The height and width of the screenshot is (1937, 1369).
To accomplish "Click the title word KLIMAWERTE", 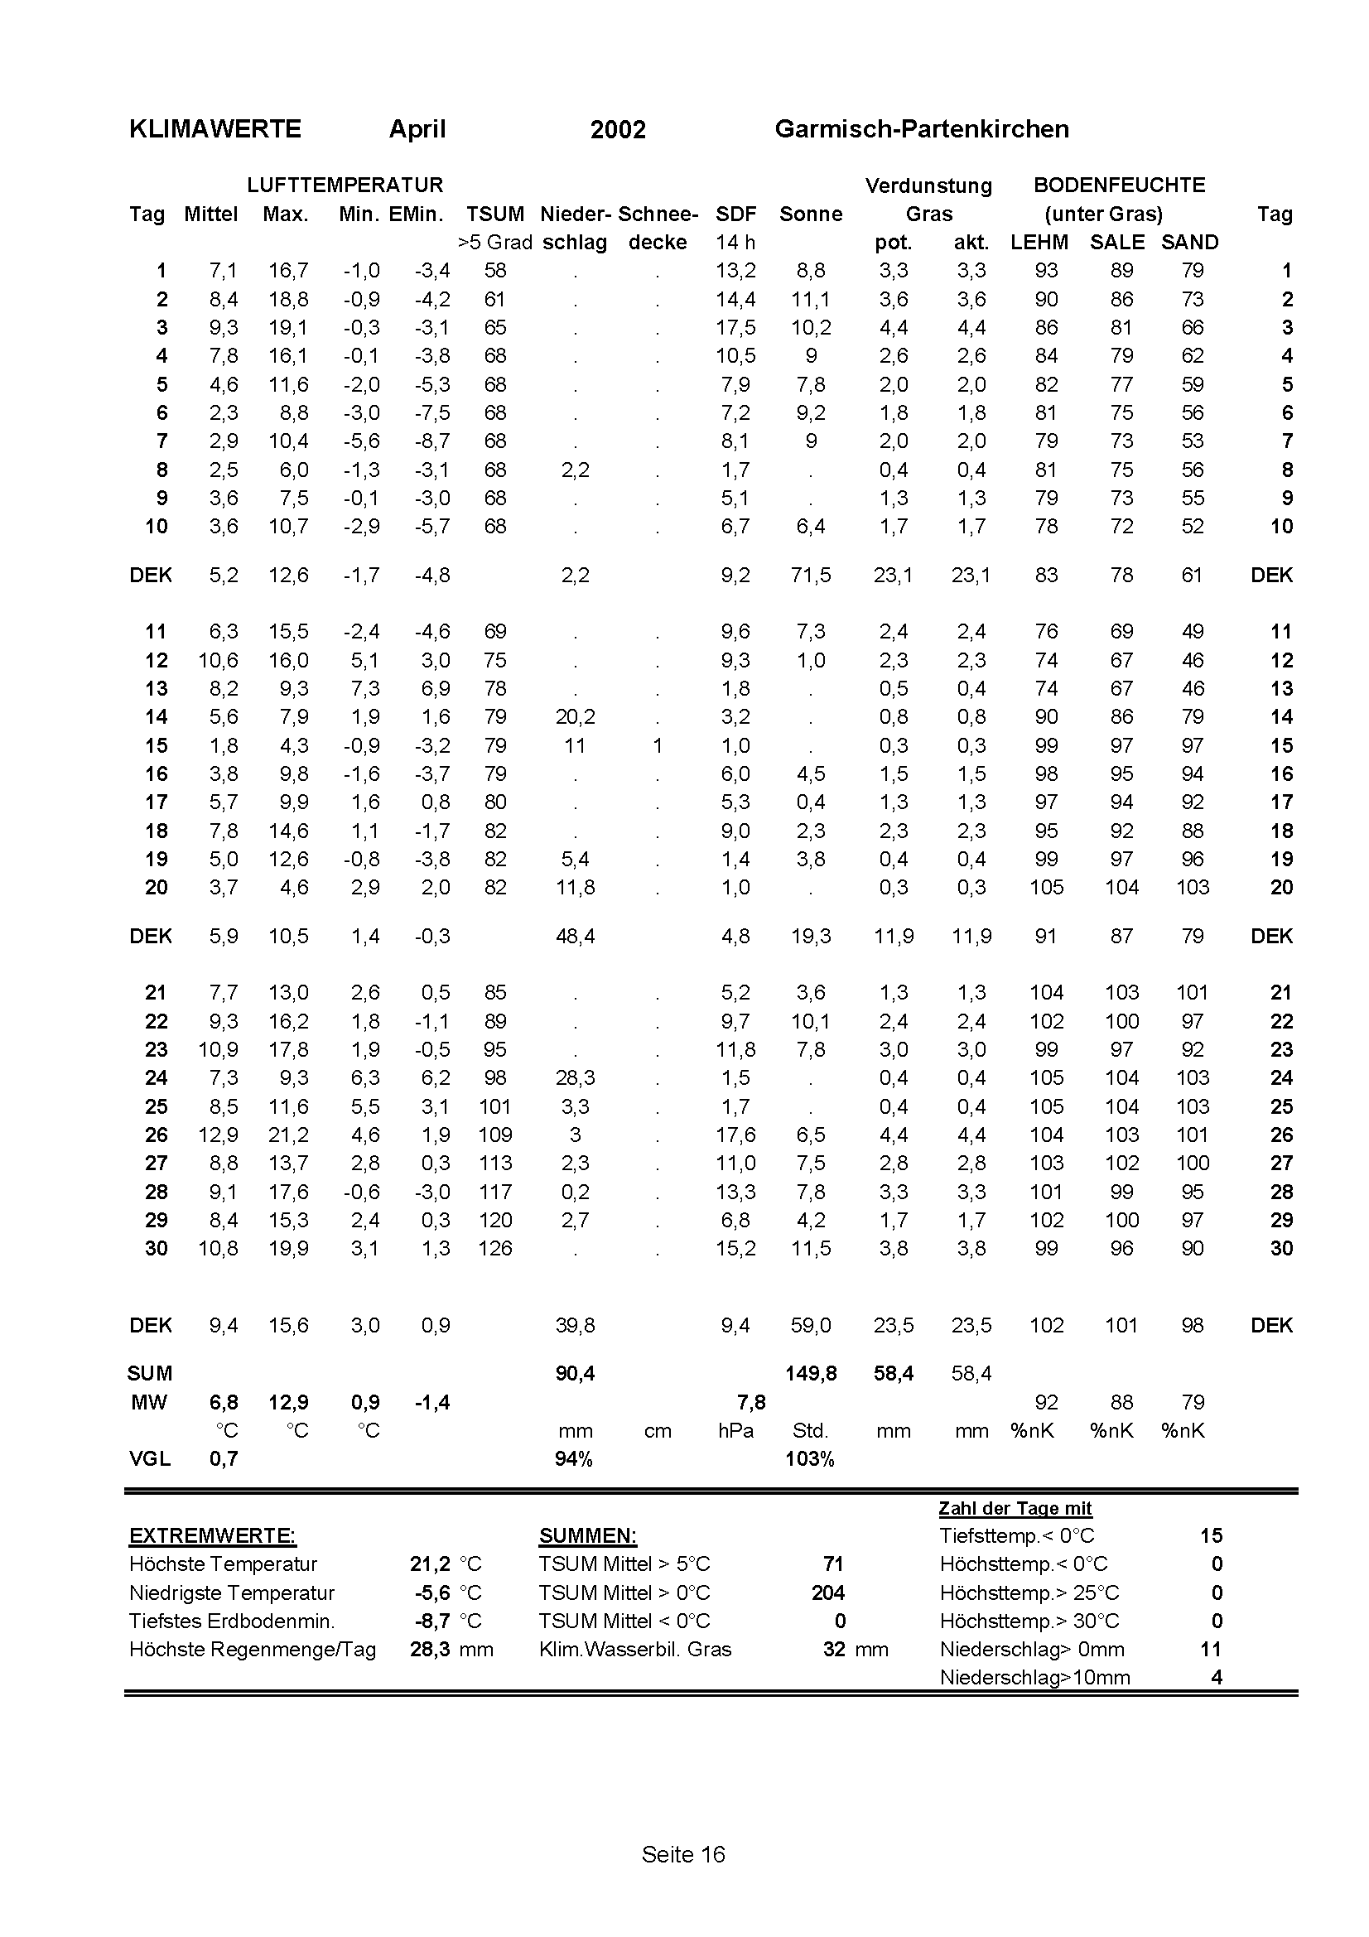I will [x=215, y=129].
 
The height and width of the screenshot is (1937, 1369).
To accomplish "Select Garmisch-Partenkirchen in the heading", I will [x=921, y=129].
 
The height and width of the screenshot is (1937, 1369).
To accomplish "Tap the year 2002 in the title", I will [x=618, y=130].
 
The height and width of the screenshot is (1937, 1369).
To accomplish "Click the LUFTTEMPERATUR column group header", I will [x=345, y=185].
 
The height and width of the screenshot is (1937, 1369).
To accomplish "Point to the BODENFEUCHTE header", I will [x=1120, y=185].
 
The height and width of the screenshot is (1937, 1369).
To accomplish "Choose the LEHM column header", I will [x=1039, y=243].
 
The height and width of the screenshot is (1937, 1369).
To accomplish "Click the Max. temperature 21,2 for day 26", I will [x=288, y=1135].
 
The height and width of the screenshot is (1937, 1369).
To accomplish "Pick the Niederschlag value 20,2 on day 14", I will [x=575, y=717].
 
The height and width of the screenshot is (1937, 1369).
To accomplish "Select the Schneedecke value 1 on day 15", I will [x=657, y=746].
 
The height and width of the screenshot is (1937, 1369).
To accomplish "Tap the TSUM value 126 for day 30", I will [x=495, y=1249].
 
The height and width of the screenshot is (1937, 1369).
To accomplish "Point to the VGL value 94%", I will [x=574, y=1459].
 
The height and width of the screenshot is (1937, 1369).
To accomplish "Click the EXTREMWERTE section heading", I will [x=213, y=1536].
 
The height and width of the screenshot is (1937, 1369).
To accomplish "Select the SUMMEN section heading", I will [x=588, y=1536].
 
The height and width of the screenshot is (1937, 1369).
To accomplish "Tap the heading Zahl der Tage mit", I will [x=1015, y=1508].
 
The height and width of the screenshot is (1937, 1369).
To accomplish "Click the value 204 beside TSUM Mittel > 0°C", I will [x=827, y=1592].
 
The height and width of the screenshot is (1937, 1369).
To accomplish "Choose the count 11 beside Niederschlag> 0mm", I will [x=1211, y=1650].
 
